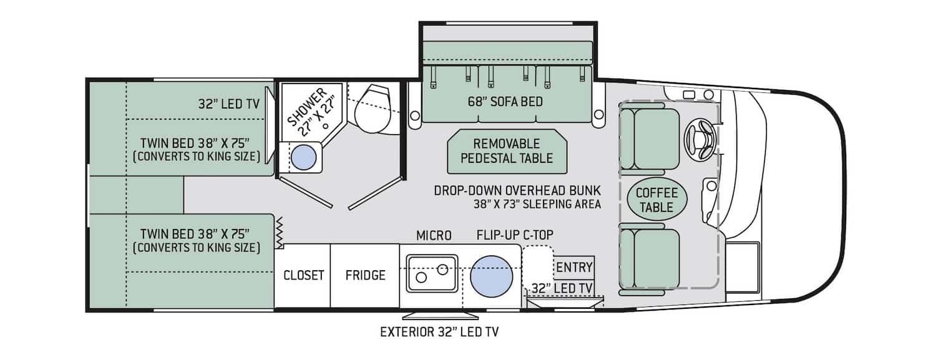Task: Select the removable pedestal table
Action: (507, 151)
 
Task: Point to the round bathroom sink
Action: (305, 157)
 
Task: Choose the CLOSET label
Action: (304, 275)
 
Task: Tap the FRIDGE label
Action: (366, 275)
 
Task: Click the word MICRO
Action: (434, 235)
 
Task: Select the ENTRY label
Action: (574, 268)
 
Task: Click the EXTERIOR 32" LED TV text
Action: (439, 331)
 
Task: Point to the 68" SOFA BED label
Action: (505, 101)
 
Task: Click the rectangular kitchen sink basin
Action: (431, 273)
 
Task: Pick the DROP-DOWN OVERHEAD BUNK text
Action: (517, 190)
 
